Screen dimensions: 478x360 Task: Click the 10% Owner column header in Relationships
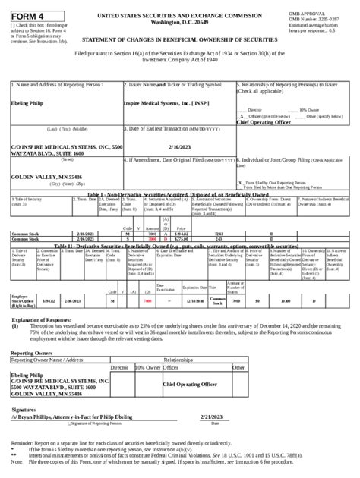pos(146,366)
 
